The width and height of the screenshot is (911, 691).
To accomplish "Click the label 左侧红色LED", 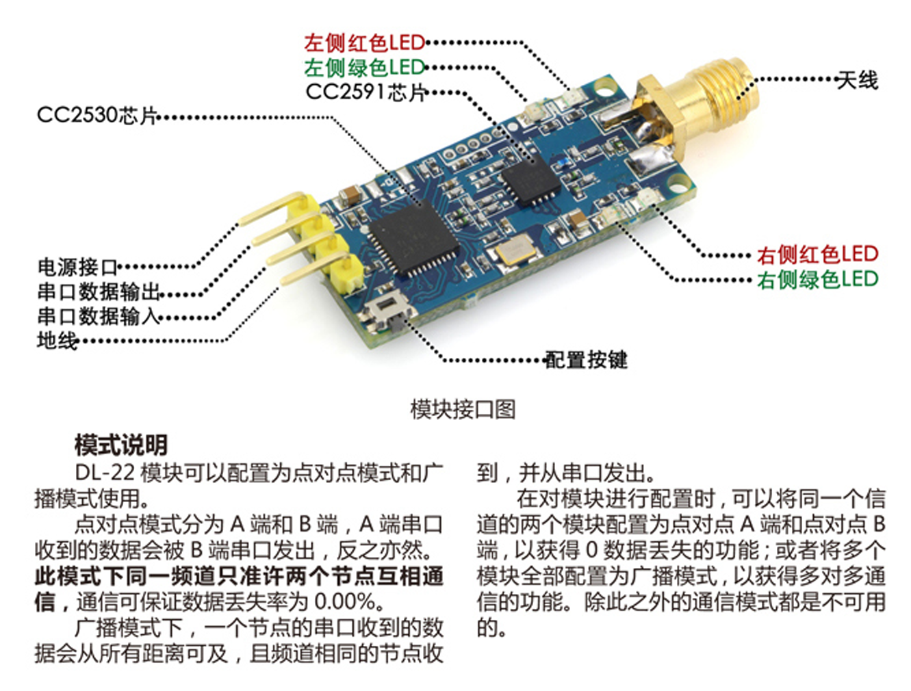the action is (364, 43).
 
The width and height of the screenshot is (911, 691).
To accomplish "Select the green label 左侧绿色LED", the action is (364, 68).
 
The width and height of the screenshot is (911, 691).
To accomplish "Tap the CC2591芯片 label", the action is (365, 92).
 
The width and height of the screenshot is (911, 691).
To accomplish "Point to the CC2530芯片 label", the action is (97, 115).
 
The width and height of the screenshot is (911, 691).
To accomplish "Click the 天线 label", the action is (857, 80).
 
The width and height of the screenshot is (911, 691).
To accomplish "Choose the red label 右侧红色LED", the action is (817, 255).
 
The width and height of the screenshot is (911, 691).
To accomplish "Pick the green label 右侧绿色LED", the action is (817, 279).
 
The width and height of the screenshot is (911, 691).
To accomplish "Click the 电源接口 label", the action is (77, 267).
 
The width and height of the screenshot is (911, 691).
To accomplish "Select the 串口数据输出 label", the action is (98, 292).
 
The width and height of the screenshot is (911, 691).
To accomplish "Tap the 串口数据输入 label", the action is (98, 316).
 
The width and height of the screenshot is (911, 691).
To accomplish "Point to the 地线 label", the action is (57, 340).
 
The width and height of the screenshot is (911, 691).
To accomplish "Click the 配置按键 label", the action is (586, 360).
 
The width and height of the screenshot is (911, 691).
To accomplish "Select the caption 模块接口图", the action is (463, 409).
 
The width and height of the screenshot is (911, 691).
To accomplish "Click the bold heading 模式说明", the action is (121, 445).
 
